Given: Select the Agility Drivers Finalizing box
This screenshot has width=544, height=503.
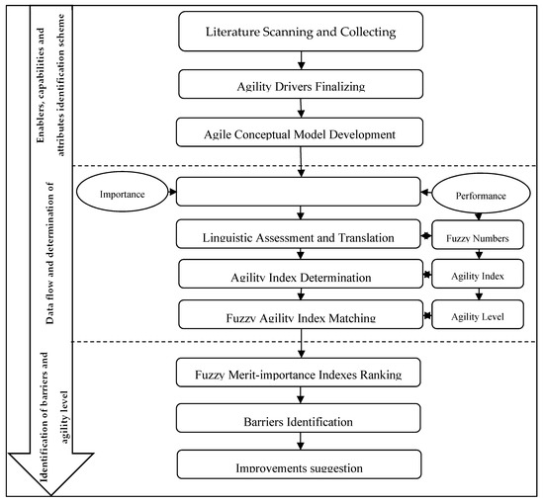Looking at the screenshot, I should tap(301, 85).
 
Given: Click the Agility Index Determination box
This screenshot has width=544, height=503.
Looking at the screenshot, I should tap(301, 276).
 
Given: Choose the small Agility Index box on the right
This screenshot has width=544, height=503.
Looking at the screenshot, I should tap(478, 278).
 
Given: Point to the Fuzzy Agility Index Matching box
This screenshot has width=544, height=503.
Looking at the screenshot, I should tap(301, 316).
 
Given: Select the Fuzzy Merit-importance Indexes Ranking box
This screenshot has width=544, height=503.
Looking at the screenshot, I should tap(301, 374).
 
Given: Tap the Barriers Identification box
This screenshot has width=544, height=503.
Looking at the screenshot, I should tap(301, 420).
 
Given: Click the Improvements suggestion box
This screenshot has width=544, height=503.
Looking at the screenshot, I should tap(301, 465).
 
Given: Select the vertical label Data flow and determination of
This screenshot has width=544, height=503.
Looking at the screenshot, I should tap(48, 252).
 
